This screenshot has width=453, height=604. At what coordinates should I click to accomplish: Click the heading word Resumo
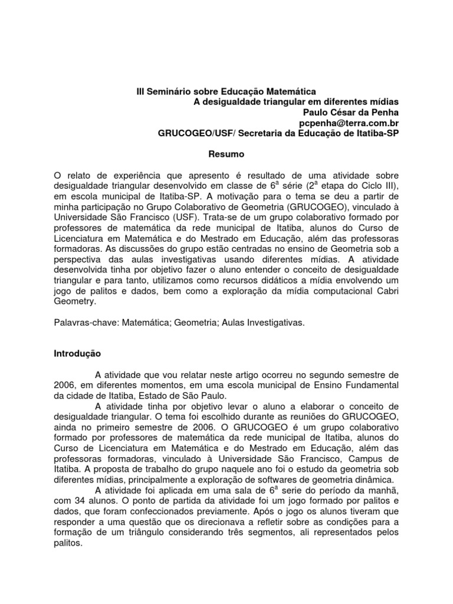pos(226,155)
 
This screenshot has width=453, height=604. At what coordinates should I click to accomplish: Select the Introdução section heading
pos(77,354)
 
